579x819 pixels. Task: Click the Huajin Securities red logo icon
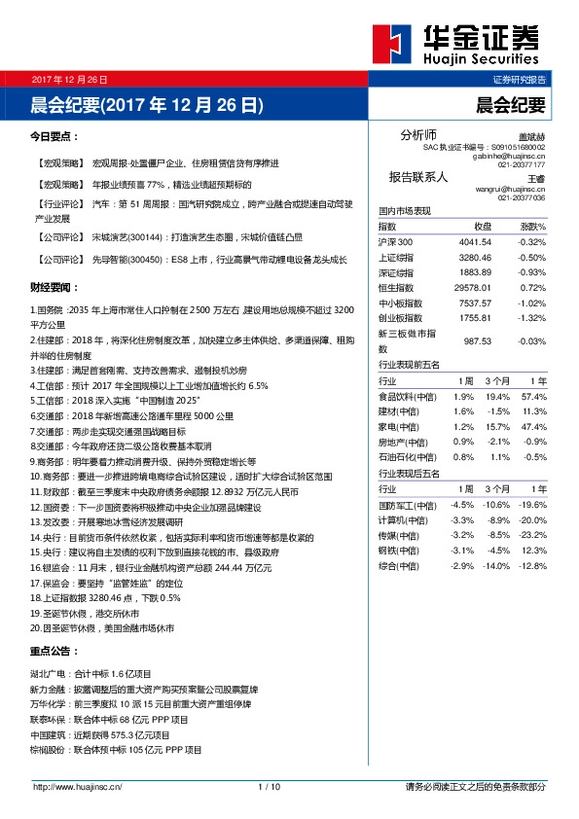point(391,45)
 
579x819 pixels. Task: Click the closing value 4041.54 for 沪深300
point(474,241)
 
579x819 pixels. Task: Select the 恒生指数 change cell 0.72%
point(532,288)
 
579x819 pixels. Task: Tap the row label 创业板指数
point(400,318)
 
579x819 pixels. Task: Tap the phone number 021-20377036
point(521,197)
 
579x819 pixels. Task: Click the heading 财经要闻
point(54,288)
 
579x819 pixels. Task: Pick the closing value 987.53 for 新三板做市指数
point(474,341)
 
